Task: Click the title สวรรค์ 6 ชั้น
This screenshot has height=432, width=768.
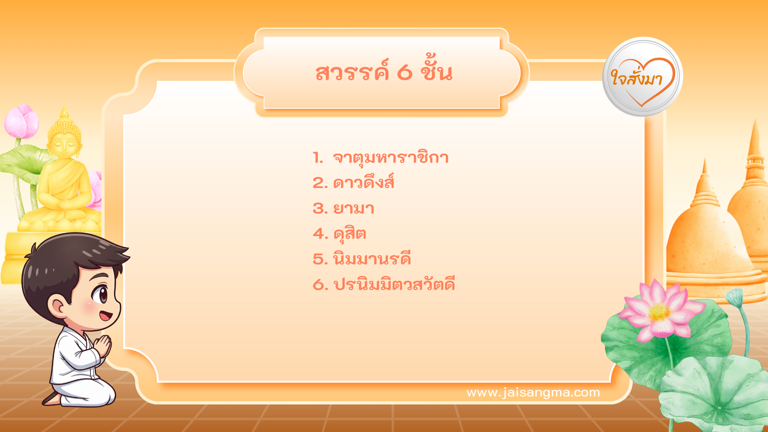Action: (384, 72)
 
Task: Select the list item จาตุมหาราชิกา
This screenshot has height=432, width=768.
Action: (390, 158)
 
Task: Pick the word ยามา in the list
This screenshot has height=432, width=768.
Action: (354, 208)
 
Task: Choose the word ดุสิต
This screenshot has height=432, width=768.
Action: (350, 234)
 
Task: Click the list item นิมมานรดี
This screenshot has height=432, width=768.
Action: (372, 259)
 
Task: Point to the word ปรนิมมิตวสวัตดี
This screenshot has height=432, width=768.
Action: (394, 284)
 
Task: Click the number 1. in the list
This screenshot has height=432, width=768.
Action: (318, 158)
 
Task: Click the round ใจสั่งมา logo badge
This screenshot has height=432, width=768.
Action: (642, 77)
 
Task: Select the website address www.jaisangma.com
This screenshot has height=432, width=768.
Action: (533, 392)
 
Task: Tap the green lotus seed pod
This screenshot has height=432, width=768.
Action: (734, 296)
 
